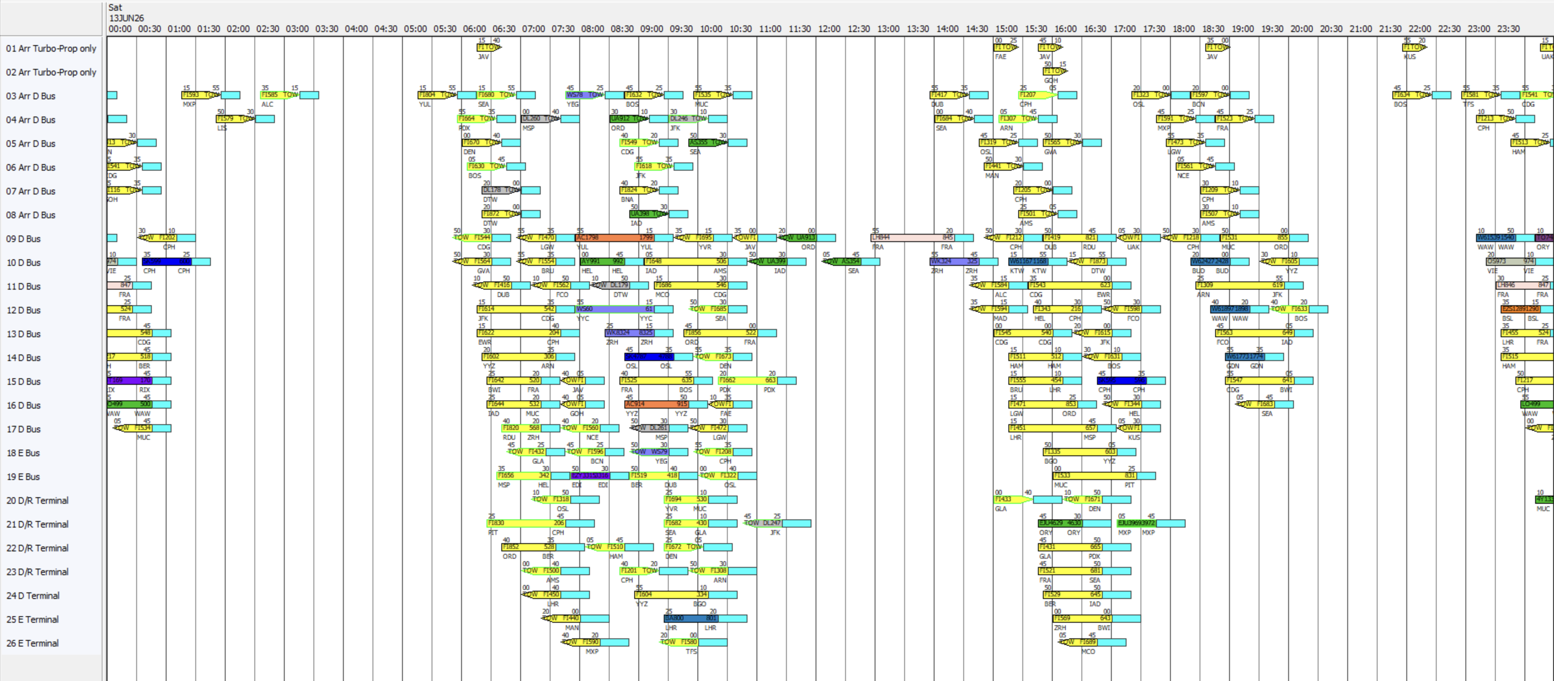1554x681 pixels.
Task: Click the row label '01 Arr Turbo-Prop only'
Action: click(51, 48)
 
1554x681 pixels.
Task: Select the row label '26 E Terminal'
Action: click(32, 643)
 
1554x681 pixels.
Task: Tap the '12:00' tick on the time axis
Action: click(829, 29)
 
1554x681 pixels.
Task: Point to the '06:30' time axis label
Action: click(504, 29)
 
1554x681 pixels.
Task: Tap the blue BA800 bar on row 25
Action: click(691, 618)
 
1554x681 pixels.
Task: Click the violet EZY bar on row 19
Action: click(591, 475)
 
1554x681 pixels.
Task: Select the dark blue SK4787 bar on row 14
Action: click(649, 356)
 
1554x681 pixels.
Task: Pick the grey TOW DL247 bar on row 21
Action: click(763, 523)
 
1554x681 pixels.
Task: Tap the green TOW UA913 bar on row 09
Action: click(799, 238)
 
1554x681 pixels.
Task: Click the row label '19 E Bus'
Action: click(23, 477)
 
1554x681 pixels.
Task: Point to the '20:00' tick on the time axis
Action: click(1301, 29)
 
